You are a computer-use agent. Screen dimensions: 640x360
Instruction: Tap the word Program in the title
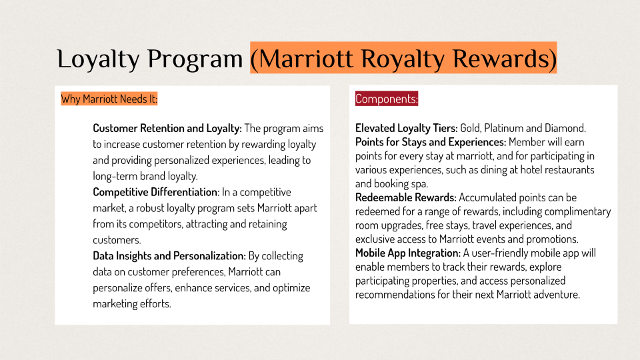[x=195, y=59]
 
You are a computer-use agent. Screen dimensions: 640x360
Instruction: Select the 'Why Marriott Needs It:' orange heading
[x=109, y=99]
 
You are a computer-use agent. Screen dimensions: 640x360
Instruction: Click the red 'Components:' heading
[x=387, y=99]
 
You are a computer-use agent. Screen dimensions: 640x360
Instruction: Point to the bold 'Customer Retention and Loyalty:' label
[x=167, y=128]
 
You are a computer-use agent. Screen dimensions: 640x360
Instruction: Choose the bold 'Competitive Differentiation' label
[x=155, y=192]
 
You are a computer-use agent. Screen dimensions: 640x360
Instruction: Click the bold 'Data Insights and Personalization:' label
[x=169, y=256]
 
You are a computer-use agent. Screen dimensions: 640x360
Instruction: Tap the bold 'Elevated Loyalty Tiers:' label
[x=407, y=128]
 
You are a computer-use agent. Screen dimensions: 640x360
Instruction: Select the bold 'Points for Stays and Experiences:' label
[x=431, y=142]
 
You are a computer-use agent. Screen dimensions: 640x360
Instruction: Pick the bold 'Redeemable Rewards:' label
[x=406, y=197]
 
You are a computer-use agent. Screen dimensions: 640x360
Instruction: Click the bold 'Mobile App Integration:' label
[x=408, y=253]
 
